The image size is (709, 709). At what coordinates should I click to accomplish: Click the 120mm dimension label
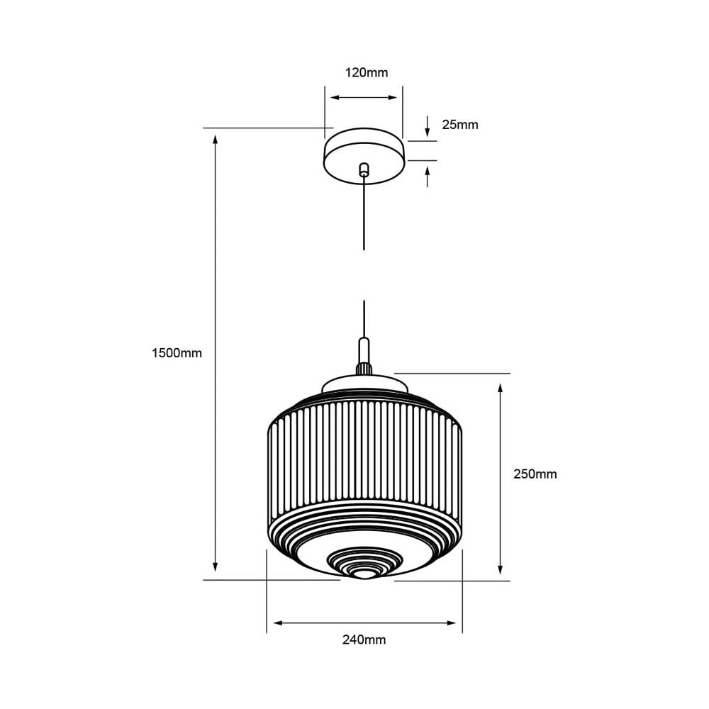[367, 72]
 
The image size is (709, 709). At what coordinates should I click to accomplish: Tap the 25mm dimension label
[460, 125]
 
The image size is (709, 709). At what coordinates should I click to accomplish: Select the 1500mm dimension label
[177, 353]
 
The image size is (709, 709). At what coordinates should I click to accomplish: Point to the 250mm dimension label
[535, 474]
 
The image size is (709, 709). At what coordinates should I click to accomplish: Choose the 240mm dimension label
[364, 640]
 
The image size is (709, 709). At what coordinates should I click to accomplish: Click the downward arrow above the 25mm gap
[428, 132]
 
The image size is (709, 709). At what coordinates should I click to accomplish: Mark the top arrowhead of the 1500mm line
[216, 138]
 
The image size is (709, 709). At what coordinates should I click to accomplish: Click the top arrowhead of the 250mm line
[501, 389]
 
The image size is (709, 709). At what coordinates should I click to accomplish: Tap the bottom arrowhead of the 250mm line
[501, 569]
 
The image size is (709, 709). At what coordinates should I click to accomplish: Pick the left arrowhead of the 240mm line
[277, 623]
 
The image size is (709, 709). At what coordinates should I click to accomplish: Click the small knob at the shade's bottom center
[364, 571]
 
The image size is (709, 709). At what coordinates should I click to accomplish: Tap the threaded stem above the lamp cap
[364, 368]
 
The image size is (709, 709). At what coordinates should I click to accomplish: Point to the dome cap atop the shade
[365, 384]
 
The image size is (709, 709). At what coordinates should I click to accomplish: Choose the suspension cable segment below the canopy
[364, 213]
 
